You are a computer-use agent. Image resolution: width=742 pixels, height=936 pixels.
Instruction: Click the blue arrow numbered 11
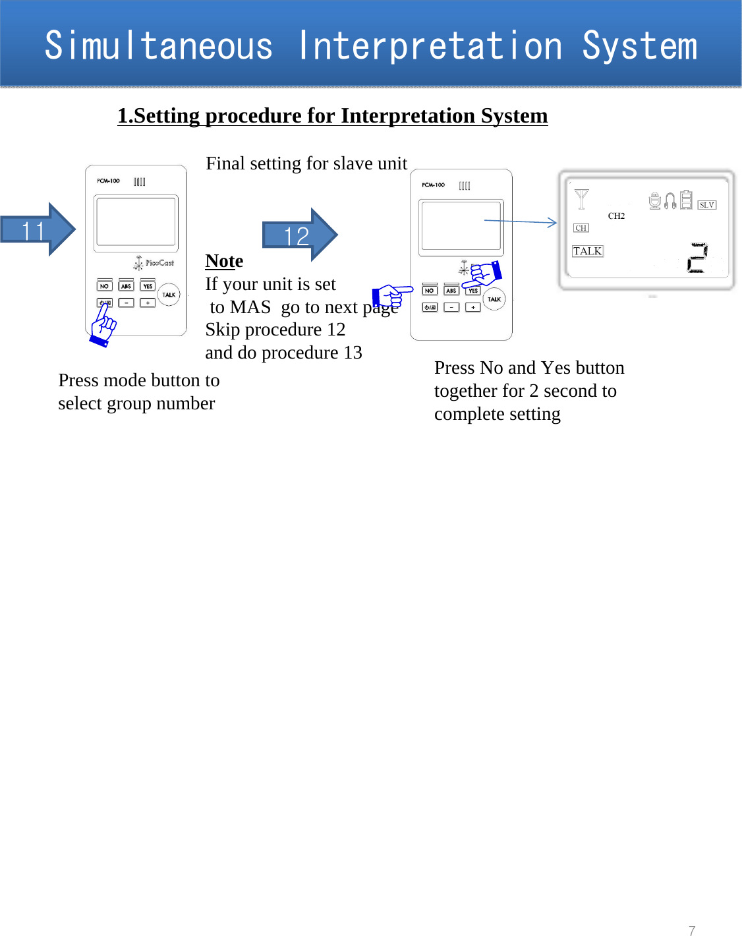(36, 230)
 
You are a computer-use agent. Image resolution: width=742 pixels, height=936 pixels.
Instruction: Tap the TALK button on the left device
(169, 295)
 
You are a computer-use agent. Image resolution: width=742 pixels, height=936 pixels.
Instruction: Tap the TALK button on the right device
(494, 299)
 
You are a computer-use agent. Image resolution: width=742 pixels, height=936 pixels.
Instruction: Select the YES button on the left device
(148, 286)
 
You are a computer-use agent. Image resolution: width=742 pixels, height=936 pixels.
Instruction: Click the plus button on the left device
(148, 303)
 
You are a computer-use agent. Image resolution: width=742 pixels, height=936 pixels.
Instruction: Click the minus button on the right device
(451, 307)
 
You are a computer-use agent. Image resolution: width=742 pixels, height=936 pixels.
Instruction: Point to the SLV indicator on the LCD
(706, 205)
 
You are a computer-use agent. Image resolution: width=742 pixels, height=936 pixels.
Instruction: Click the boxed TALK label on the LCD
(587, 251)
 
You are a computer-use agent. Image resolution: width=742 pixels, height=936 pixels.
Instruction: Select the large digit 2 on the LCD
(697, 258)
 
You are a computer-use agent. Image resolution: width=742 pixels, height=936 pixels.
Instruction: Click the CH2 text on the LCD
(616, 216)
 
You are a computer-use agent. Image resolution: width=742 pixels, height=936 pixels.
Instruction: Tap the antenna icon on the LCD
(581, 199)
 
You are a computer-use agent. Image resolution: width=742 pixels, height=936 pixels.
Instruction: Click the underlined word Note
(224, 261)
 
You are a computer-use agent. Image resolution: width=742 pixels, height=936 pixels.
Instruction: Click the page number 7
(692, 930)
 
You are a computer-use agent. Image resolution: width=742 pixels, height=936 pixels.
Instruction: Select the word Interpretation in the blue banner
(430, 46)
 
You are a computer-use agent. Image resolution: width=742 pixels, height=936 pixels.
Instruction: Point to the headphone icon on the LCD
(670, 200)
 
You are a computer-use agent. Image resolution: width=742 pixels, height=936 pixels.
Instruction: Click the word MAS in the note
(250, 307)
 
